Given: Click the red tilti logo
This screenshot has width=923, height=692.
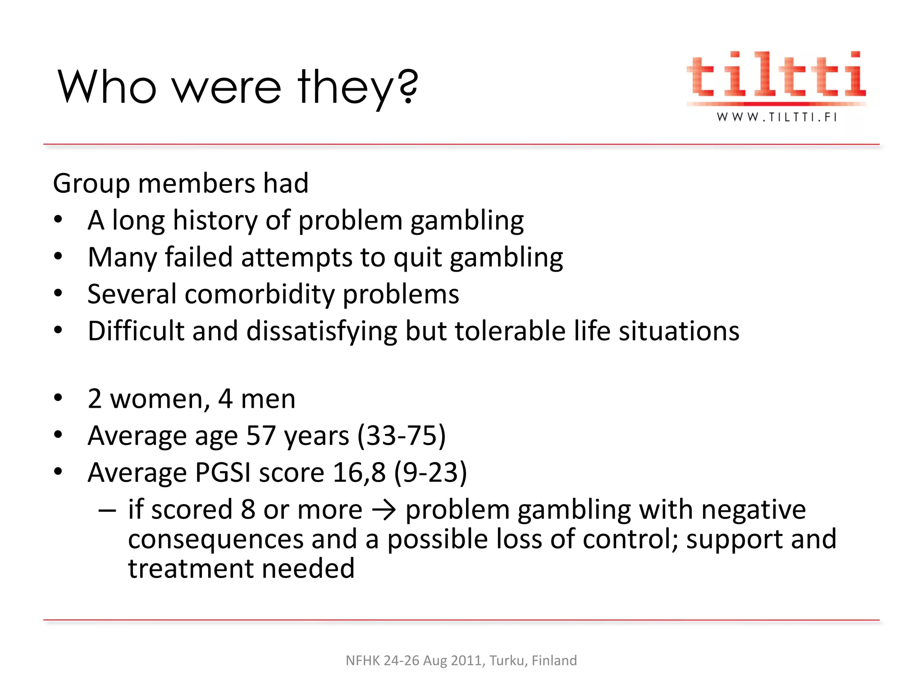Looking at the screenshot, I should pos(776,75).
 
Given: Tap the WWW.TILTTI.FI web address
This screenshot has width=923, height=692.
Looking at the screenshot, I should pos(777,117).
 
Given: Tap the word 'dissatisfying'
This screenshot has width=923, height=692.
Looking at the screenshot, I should pos(321,332).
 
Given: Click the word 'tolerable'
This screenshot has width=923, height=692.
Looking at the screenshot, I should pos(510,331).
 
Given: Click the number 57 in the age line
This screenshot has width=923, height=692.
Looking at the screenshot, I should pos(261,436).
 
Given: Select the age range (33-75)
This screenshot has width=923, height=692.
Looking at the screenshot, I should pos(401,436).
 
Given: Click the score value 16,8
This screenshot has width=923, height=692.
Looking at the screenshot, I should pos(359,473).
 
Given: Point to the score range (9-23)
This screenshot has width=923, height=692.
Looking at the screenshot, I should pos(430,473).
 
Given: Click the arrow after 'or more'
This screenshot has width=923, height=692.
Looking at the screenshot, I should pos(384,510).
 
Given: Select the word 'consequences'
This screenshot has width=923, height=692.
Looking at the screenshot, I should pos(216,539).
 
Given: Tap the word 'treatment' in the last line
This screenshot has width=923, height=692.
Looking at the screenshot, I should pos(191,569).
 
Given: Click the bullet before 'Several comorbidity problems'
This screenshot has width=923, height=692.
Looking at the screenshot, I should pos(58,294).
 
